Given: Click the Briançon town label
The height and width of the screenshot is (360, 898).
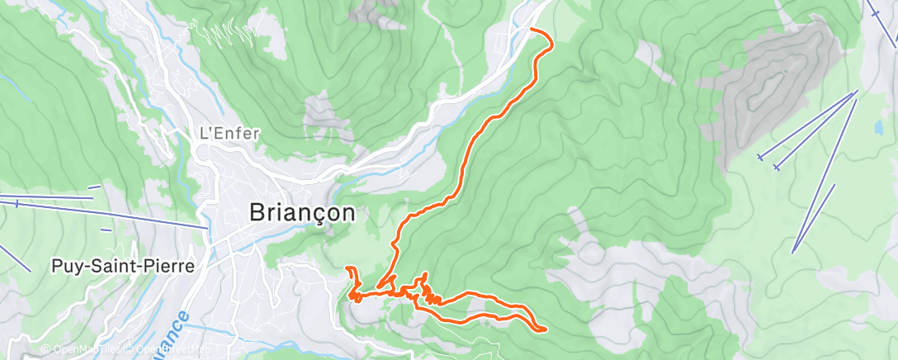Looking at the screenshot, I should pos(303,212).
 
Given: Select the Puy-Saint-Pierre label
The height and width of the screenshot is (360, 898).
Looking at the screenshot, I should pos(123,267).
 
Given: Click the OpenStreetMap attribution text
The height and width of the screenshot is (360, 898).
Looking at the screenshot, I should pos(169,350).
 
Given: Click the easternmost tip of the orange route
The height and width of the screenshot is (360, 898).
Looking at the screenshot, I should pos(546,329).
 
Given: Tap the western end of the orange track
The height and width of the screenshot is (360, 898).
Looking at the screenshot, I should pos(346,268).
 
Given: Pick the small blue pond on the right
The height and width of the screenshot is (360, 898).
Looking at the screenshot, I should pos(878,128).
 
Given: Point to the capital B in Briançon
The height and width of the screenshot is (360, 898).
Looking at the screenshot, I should pos(257,212).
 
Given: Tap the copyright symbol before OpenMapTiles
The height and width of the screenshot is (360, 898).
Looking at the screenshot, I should pos(46,350).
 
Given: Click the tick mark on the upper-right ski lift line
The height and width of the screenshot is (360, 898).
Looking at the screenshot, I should pos(874,12).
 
